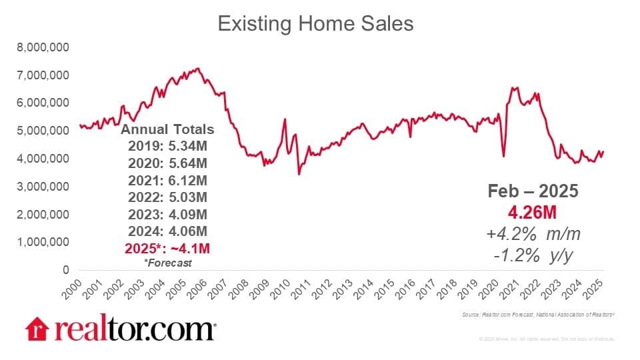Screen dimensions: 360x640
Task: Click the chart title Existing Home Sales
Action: pos(316,24)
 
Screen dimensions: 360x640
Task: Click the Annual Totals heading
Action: pos(167,129)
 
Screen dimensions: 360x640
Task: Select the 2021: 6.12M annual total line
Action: pos(167,180)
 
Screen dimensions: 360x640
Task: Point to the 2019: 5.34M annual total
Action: pos(167,146)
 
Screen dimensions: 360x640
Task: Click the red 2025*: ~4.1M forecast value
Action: pos(167,248)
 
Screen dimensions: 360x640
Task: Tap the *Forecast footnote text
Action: pos(167,263)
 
